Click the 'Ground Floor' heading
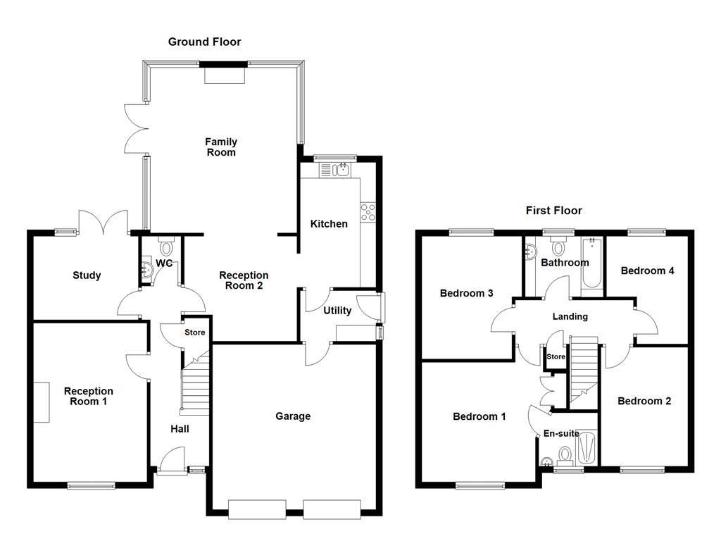204,42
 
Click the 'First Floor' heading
554,211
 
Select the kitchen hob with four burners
368,212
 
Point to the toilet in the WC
167,247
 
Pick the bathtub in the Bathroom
592,264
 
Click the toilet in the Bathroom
558,246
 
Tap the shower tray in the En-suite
587,450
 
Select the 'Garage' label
293,416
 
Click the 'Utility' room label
337,311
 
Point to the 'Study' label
87,275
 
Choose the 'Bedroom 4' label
643,270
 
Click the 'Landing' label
570,317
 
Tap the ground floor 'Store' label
195,332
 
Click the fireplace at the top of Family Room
225,73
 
